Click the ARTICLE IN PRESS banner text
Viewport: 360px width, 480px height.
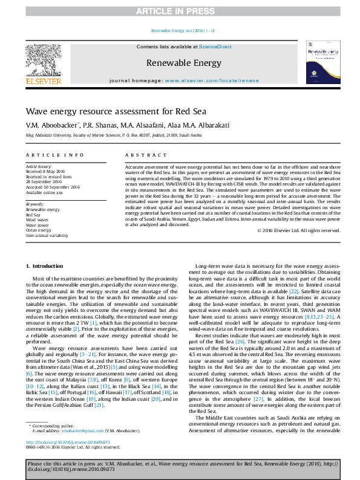coord(180,11)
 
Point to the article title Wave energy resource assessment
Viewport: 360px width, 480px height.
coord(116,111)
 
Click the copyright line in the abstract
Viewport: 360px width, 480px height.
coord(295,230)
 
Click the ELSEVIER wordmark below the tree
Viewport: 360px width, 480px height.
coord(42,80)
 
